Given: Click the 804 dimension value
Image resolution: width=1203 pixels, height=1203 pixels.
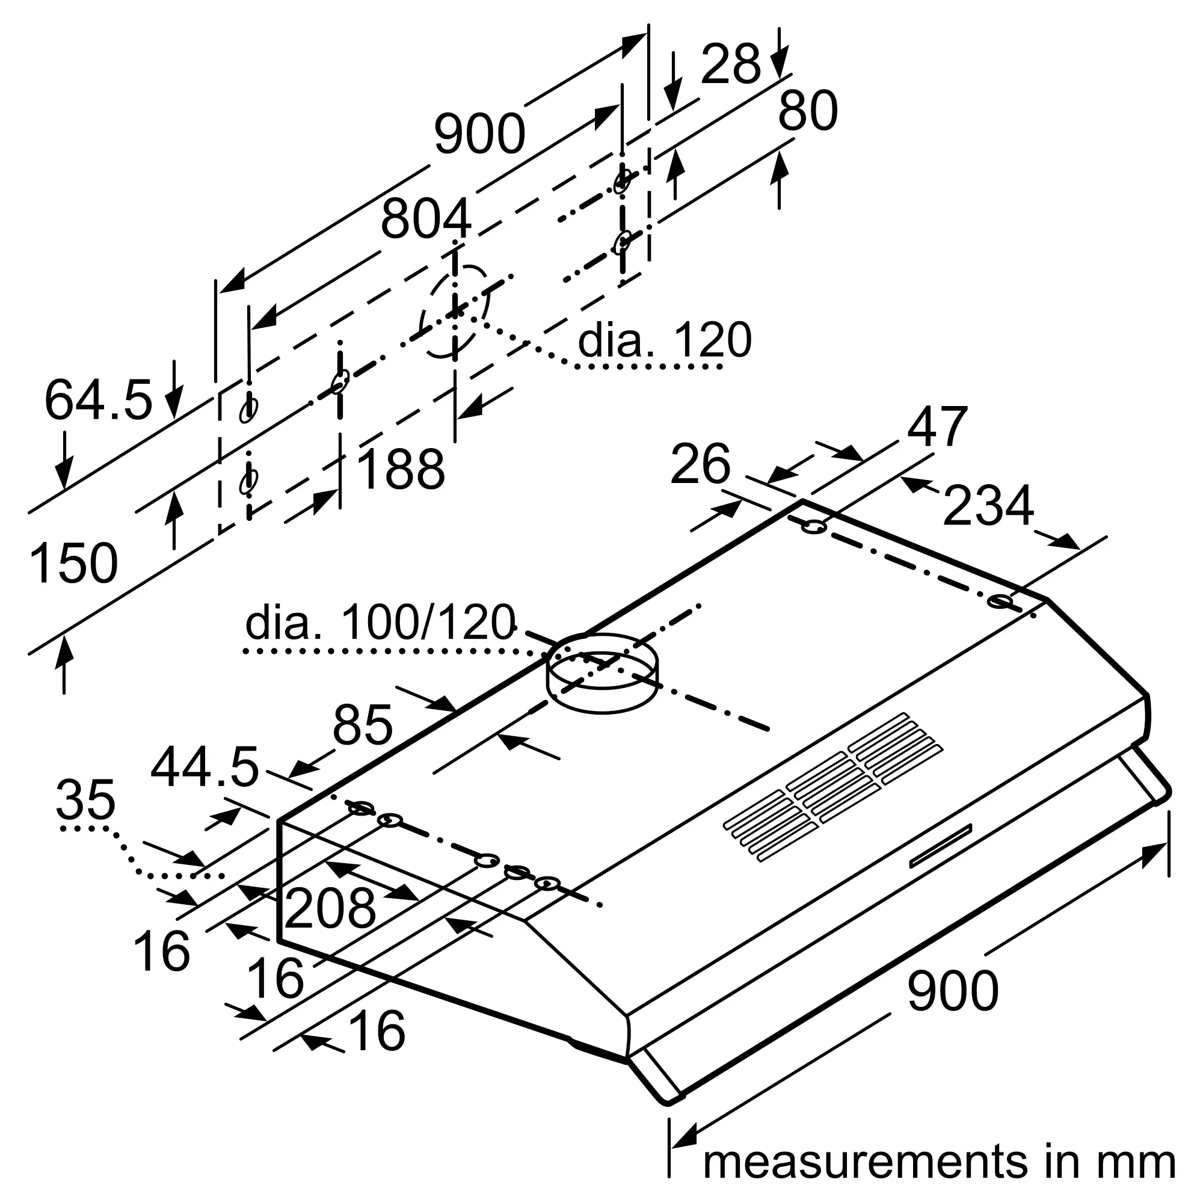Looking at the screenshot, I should pyautogui.click(x=426, y=219).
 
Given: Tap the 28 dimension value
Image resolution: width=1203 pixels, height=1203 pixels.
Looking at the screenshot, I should pyautogui.click(x=730, y=64).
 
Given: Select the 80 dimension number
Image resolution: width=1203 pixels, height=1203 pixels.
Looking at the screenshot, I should pyautogui.click(x=808, y=111).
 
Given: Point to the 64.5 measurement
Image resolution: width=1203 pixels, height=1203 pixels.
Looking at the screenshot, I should pyautogui.click(x=99, y=400).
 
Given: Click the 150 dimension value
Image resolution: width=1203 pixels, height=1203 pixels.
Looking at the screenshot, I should pyautogui.click(x=73, y=564).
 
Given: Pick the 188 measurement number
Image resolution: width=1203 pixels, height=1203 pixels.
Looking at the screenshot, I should pyautogui.click(x=402, y=470).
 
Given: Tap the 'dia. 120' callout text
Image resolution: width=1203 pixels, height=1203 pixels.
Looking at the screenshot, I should pyautogui.click(x=665, y=340).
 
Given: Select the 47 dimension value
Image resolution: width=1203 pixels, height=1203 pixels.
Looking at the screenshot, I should pyautogui.click(x=937, y=427).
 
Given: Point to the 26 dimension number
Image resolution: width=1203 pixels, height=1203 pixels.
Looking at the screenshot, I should pyautogui.click(x=700, y=464).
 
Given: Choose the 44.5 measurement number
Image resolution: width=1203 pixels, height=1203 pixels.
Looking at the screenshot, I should pyautogui.click(x=205, y=768).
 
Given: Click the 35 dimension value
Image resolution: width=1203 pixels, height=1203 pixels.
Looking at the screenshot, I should pyautogui.click(x=85, y=800).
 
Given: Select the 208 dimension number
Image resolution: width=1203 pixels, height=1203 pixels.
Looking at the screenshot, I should pyautogui.click(x=330, y=908).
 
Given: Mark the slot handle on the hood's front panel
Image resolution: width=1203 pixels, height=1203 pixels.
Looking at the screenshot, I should pyautogui.click(x=940, y=846).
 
